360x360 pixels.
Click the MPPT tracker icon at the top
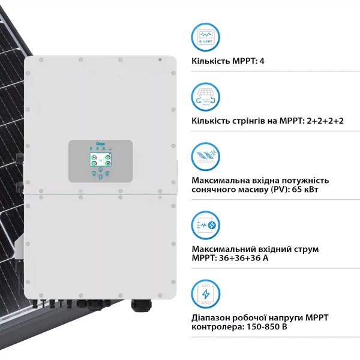206,37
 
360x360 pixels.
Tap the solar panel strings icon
206,96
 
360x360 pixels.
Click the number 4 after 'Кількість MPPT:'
262,62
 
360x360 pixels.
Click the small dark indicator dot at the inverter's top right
160,60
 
